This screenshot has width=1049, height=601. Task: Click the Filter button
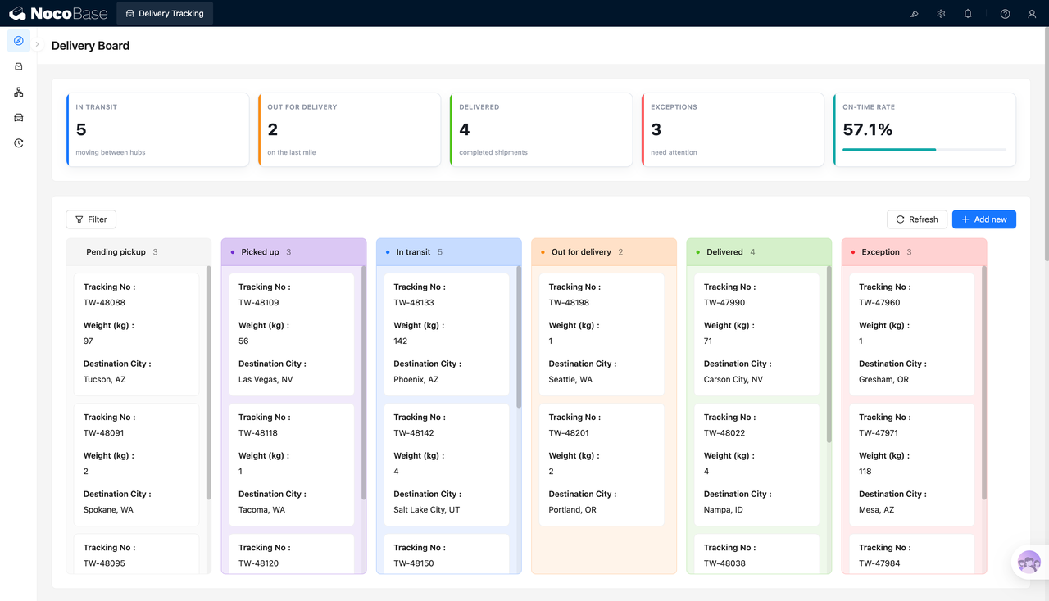[91, 219]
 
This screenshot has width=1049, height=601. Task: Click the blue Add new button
[984, 219]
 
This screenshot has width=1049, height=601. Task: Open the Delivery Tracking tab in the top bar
[165, 13]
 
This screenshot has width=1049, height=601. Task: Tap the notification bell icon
[968, 14]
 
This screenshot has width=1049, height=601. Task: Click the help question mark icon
[1005, 14]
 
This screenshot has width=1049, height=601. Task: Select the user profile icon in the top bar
[1032, 14]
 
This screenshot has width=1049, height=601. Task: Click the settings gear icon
[941, 14]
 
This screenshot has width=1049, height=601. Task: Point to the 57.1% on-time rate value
[867, 129]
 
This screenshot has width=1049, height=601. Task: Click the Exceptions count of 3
[656, 129]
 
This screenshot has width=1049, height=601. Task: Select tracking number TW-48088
[104, 302]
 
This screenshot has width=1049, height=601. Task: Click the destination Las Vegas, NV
[266, 379]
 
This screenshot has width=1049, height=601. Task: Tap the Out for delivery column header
[581, 252]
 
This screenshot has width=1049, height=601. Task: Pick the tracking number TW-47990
[724, 302]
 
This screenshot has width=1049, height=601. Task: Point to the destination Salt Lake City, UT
[427, 509]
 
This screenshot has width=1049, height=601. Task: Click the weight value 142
[401, 341]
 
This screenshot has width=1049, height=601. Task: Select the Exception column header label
[880, 252]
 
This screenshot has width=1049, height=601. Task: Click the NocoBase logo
[58, 13]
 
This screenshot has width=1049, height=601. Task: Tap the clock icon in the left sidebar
[19, 142]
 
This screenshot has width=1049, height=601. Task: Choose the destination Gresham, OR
[883, 379]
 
